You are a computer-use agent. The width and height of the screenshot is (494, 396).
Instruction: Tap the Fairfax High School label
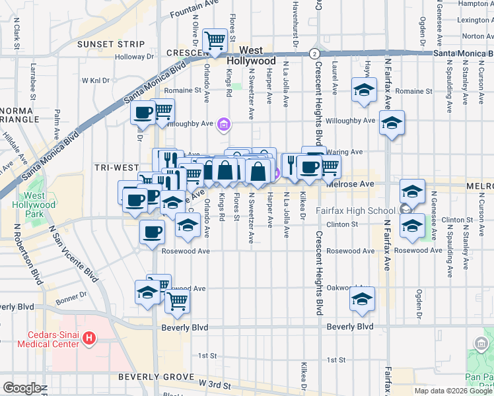point(355,211)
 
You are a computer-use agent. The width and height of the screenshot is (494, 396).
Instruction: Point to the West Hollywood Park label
point(34,205)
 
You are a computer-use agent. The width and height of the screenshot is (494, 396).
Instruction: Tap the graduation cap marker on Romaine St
point(363,91)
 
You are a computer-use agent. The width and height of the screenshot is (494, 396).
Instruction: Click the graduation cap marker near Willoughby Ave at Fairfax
point(392,123)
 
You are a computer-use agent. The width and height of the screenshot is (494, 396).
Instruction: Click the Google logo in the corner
point(22,388)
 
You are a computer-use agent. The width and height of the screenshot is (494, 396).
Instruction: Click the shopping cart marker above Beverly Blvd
point(176,302)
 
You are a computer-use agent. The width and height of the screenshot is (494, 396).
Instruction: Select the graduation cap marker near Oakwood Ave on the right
point(362,300)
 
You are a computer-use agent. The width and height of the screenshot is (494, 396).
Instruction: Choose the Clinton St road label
point(345,224)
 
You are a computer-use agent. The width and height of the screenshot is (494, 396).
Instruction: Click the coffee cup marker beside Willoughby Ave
point(143,113)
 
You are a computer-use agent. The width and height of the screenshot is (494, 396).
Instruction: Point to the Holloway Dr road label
point(134,57)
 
